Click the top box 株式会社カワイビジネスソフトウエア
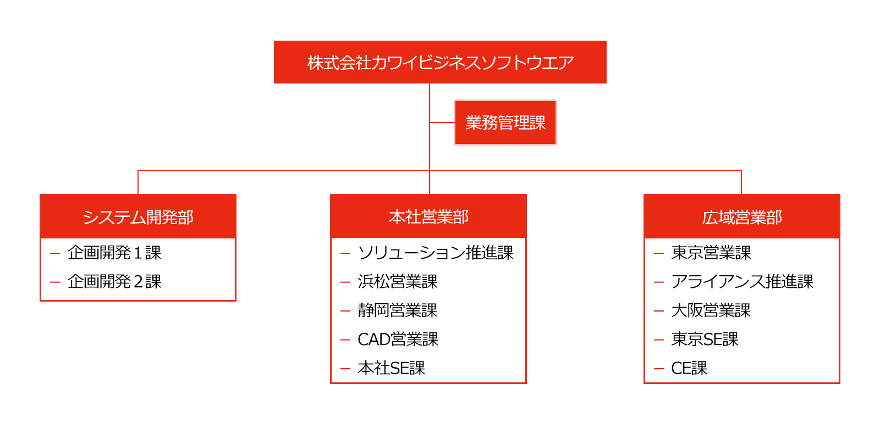tap(440, 62)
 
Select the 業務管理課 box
tap(505, 123)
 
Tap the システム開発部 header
tap(138, 216)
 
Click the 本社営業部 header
tap(428, 216)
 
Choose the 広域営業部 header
tap(742, 216)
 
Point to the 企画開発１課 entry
tap(114, 253)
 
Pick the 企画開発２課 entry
tap(114, 282)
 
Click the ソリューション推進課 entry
tap(435, 253)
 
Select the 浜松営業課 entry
tap(398, 282)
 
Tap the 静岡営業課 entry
tap(398, 310)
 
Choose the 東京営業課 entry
tap(711, 253)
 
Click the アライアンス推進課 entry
tap(742, 282)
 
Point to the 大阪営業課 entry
tap(711, 310)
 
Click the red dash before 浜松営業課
tap(345, 282)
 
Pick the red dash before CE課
tap(659, 369)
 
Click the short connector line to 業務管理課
tap(442, 123)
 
